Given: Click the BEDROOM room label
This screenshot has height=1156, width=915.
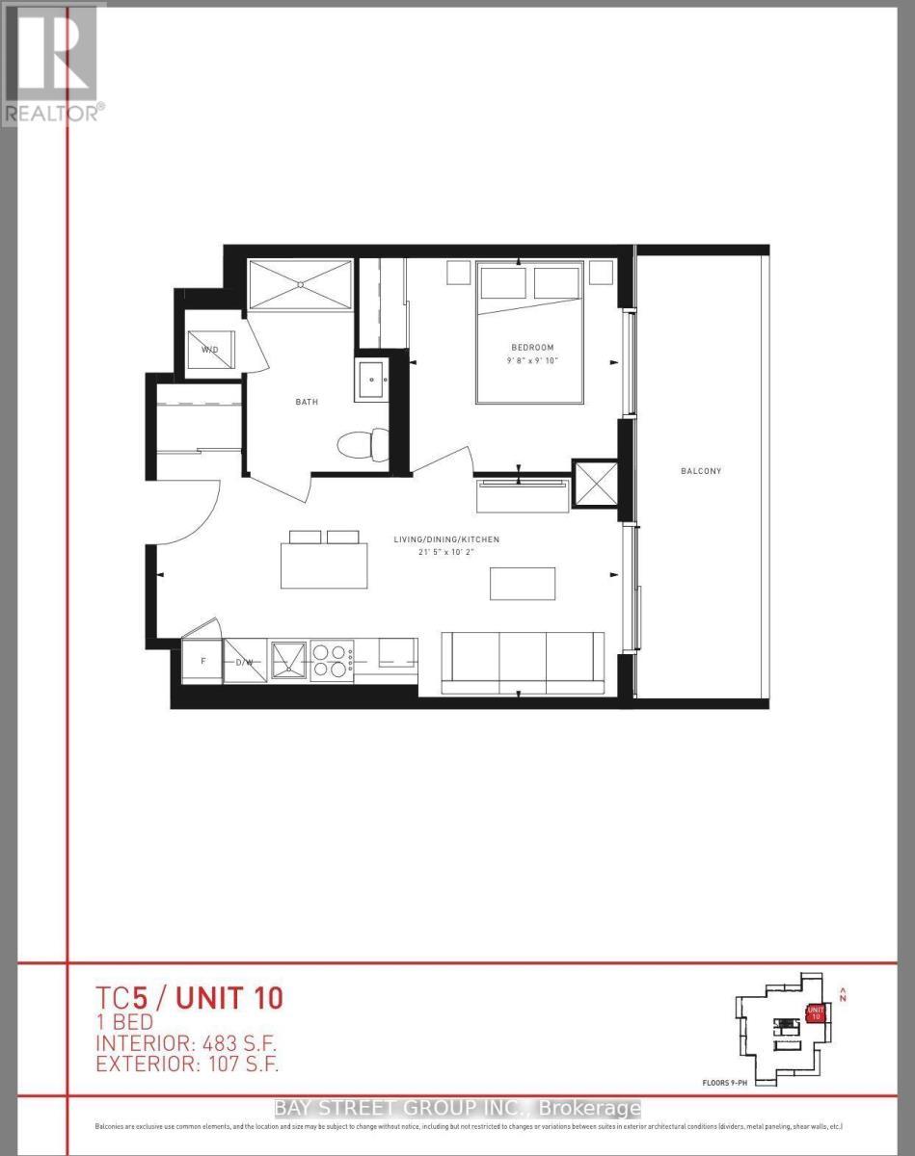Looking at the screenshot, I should pos(532,347).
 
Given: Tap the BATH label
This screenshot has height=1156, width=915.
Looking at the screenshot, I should pos(307,402).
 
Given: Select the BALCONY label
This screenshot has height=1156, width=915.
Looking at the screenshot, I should pos(701,471).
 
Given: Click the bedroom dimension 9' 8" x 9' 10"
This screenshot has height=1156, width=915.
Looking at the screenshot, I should pos(532,361).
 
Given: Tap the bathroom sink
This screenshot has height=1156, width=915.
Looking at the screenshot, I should pos(371,377).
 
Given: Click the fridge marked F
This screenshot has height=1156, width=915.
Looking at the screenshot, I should pos(202,662).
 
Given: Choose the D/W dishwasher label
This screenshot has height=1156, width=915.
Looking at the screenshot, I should pos(244,663).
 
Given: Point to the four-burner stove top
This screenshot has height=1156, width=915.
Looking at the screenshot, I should pos(331,658).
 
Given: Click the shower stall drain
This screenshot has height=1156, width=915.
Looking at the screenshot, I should pos(300,284).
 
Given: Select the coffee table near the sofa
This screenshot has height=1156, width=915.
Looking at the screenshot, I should pos(523,584).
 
